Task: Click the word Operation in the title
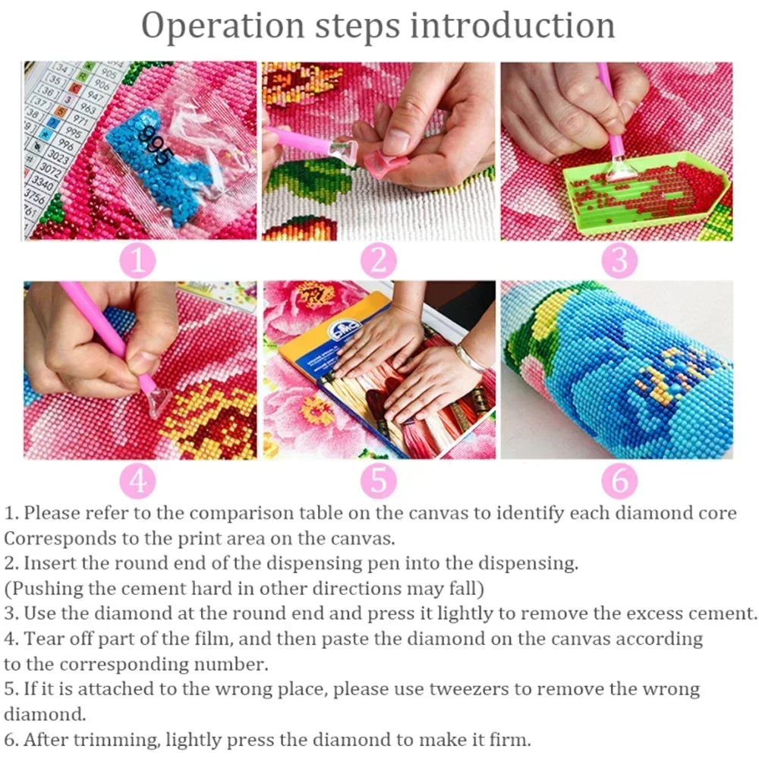point(223,27)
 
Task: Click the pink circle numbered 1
point(137,261)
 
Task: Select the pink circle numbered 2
point(378,261)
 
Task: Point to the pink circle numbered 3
point(619,261)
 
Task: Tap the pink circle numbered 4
point(137,480)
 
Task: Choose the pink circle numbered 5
point(378,480)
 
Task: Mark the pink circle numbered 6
point(619,480)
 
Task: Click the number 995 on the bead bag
point(154,146)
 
